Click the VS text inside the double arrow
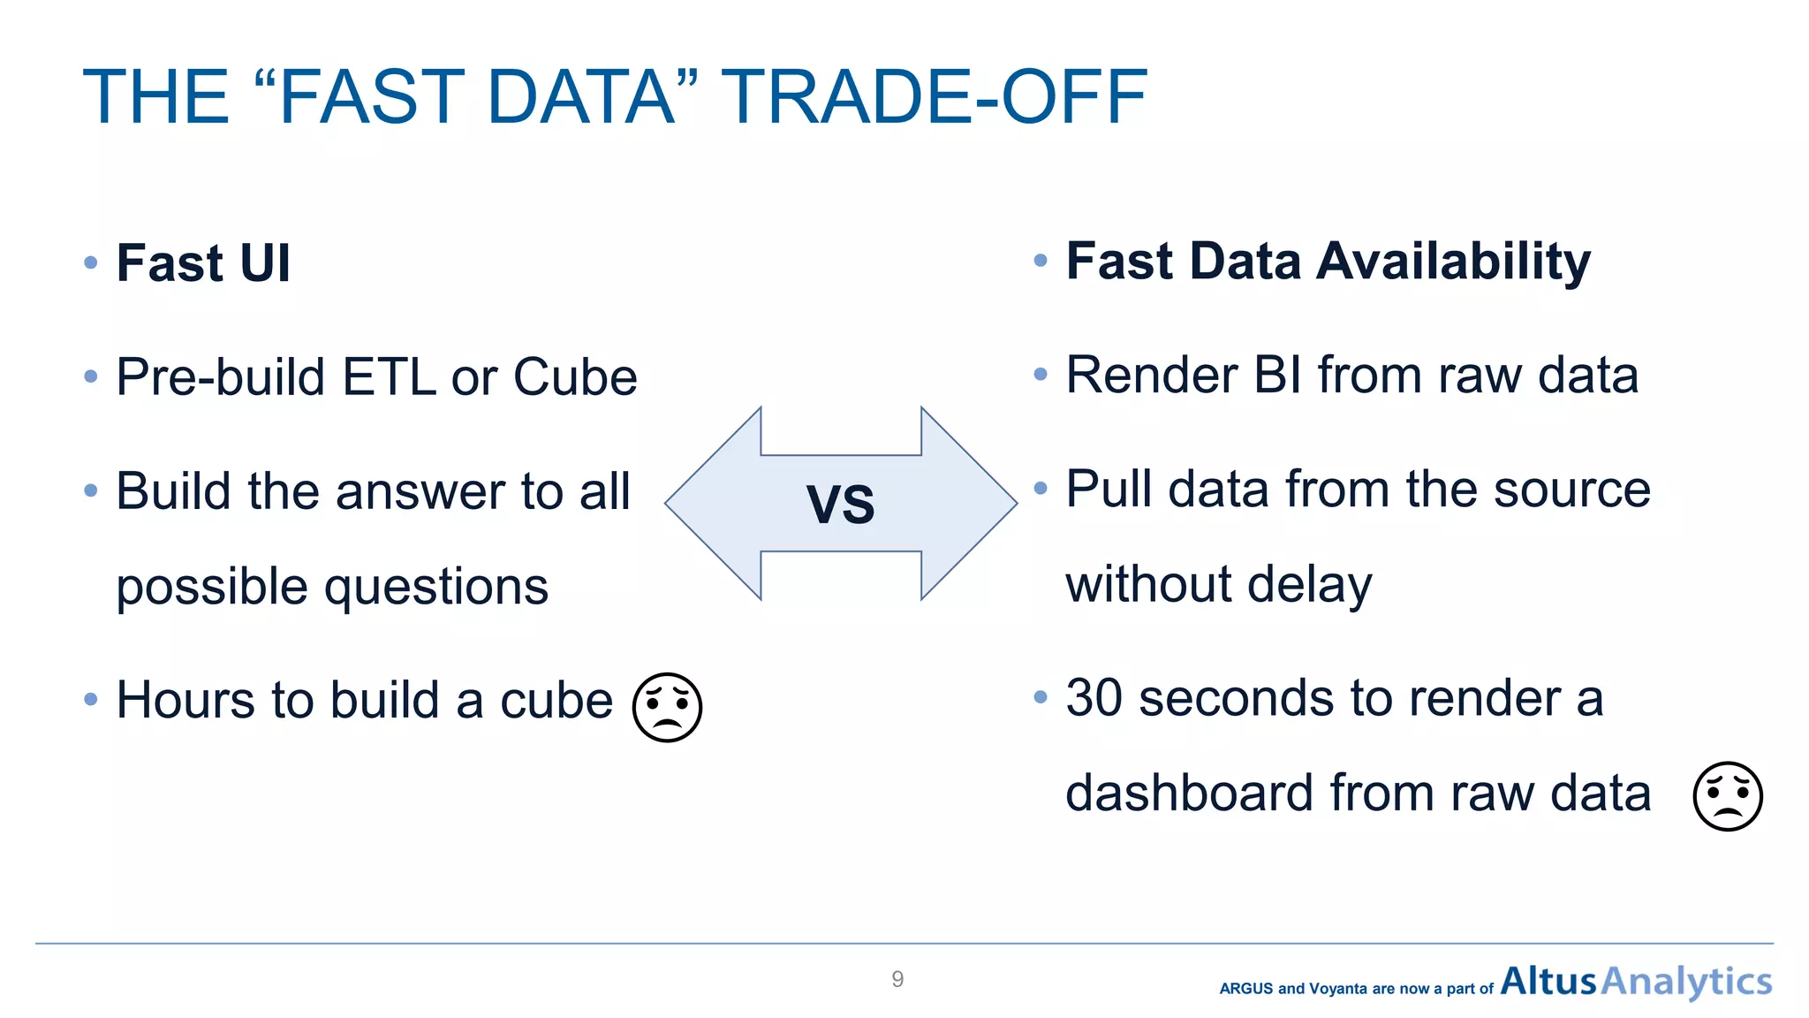(840, 505)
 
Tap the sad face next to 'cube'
(667, 707)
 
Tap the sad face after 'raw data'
(1727, 796)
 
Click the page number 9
(897, 979)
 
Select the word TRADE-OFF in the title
(935, 97)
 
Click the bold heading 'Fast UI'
(203, 263)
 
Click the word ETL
(389, 377)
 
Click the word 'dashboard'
(1189, 793)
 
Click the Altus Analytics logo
(1636, 981)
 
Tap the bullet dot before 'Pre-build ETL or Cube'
(91, 377)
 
